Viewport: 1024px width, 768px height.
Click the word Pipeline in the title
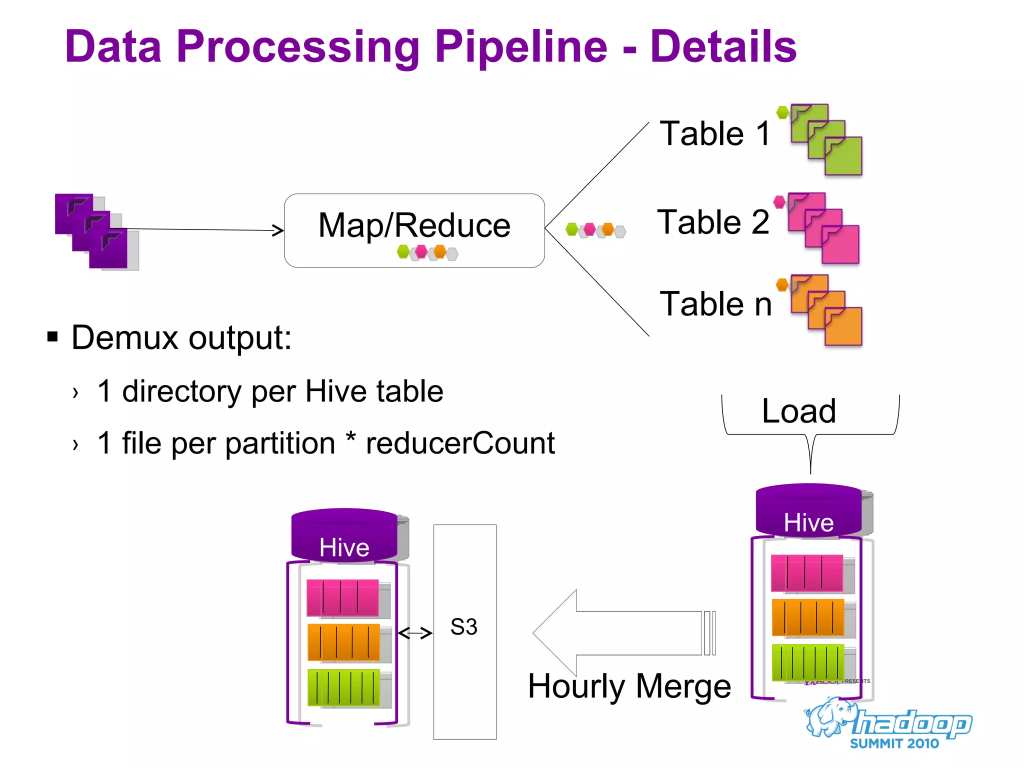[520, 47]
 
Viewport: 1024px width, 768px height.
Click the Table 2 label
[713, 222]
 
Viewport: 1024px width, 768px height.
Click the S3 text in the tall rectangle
[464, 627]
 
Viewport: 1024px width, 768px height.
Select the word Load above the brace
[798, 411]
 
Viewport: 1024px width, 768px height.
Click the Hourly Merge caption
[629, 686]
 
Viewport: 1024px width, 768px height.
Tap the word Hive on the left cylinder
[344, 547]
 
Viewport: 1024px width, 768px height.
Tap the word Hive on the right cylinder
[808, 522]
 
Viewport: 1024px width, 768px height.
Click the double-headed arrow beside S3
[415, 633]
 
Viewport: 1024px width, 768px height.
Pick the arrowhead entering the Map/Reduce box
[278, 230]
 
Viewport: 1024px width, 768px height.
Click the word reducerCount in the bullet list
[460, 443]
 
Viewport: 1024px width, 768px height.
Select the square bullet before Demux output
[52, 336]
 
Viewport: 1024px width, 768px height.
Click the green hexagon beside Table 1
[782, 112]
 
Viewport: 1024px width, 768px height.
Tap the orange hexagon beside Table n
[782, 285]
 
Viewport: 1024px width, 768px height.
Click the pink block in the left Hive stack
[342, 597]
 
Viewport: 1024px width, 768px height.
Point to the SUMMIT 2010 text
[894, 743]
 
